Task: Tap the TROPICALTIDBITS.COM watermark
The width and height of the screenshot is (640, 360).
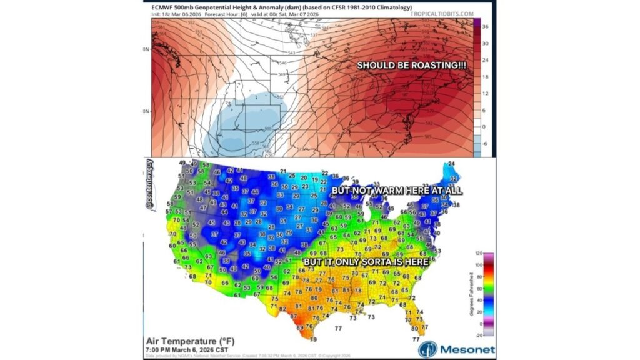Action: coord(438,13)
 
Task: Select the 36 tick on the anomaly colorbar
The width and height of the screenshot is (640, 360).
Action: coord(485,27)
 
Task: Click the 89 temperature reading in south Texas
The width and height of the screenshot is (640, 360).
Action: coord(299,327)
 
